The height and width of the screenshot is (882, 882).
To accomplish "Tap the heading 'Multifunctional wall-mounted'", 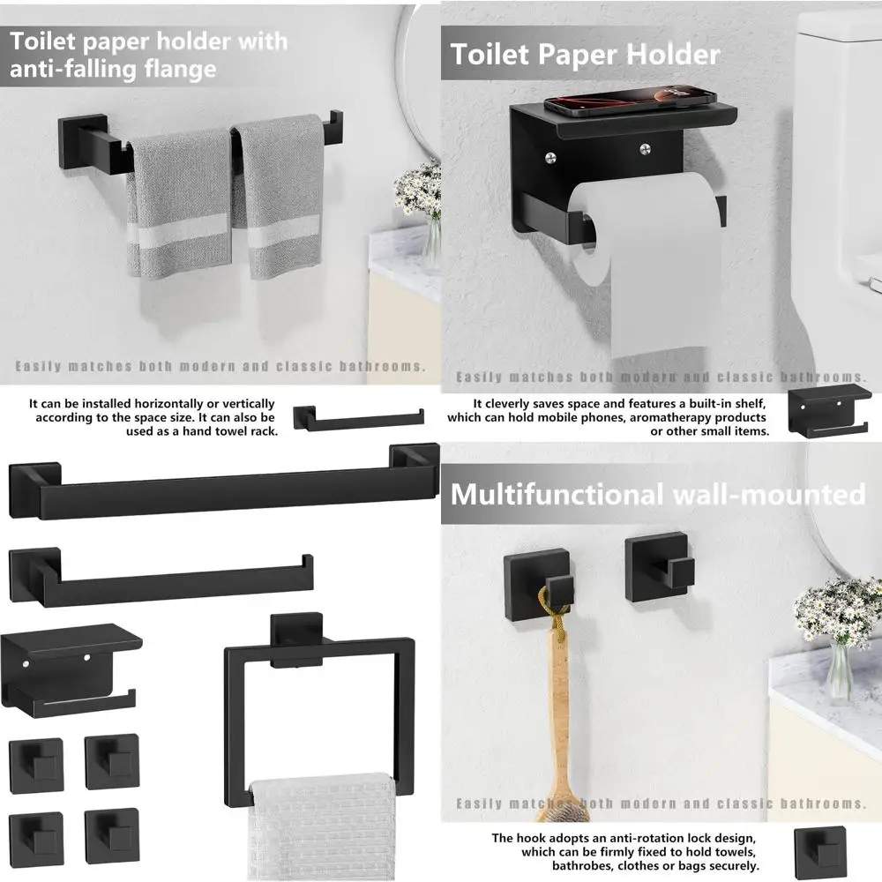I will [x=658, y=494].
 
